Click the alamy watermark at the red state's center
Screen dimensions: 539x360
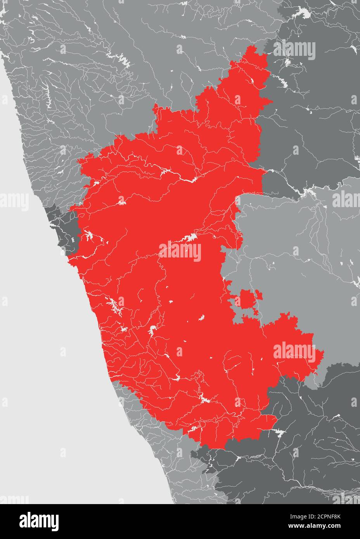(180, 252)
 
